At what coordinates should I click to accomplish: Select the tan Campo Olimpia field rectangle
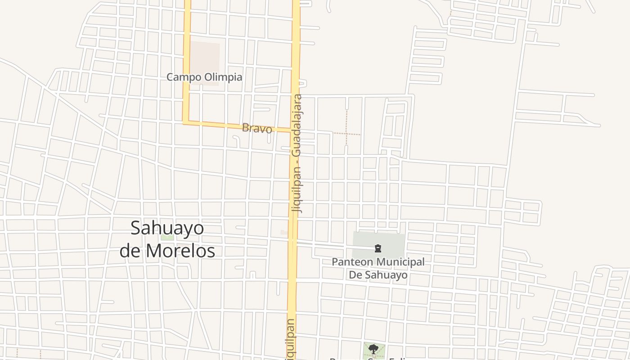click(205, 56)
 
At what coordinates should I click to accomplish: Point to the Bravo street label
click(257, 128)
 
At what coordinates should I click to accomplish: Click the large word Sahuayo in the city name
click(167, 228)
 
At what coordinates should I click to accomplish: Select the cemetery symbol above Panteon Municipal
click(378, 248)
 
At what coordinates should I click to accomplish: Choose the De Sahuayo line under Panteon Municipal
click(378, 274)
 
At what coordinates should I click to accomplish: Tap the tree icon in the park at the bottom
click(373, 349)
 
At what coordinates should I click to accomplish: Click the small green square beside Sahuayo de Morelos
click(167, 237)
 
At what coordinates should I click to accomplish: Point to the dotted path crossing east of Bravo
click(346, 134)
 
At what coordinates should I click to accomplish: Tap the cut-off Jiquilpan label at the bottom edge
click(290, 340)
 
